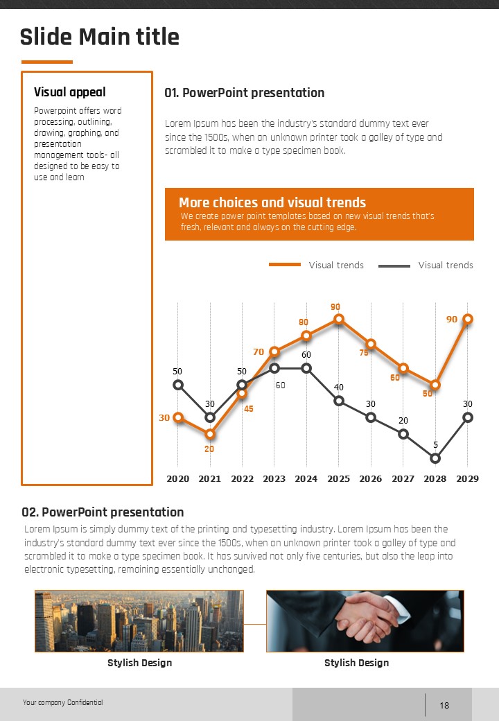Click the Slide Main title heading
(x=100, y=37)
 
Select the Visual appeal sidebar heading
(x=70, y=92)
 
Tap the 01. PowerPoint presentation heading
(x=244, y=93)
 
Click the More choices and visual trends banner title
(x=272, y=202)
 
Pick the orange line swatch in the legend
(x=284, y=265)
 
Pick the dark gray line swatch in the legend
(x=394, y=265)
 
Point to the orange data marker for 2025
(x=339, y=319)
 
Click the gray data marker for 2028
(x=435, y=458)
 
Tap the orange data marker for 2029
(x=468, y=319)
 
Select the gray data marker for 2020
(x=178, y=385)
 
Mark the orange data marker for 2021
(x=210, y=434)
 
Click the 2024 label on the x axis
(x=306, y=478)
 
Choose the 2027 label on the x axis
(x=403, y=478)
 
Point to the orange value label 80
(x=304, y=322)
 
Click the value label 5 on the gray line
(x=435, y=444)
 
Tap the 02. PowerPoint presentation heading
(x=103, y=512)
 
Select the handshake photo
(x=365, y=620)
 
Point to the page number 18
(x=444, y=706)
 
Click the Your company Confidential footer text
(x=62, y=703)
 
